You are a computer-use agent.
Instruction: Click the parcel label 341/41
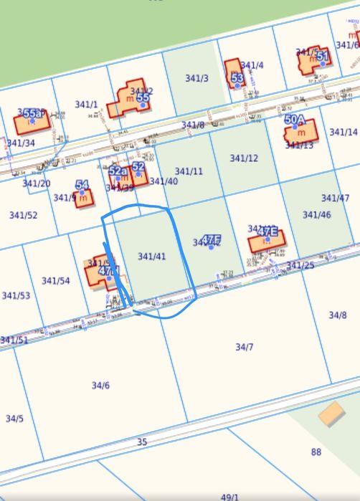coord(151,257)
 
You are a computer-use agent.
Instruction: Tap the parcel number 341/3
coord(196,77)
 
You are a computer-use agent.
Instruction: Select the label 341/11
coord(189,171)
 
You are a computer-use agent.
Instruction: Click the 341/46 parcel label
coord(316,214)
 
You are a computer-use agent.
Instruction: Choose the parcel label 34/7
coord(245,347)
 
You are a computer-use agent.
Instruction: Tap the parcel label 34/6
coord(100,386)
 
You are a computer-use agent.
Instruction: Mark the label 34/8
coord(337,315)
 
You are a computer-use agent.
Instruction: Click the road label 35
coord(142,442)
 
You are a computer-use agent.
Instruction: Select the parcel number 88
coord(316,452)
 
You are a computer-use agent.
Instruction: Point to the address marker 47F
coord(211,239)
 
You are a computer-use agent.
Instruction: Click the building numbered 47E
coord(266,240)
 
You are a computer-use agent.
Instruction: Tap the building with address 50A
coord(300,131)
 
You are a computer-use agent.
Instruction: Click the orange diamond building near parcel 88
coord(331,414)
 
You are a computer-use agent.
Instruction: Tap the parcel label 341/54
coord(56,280)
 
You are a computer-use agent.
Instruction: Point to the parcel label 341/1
coord(86,105)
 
